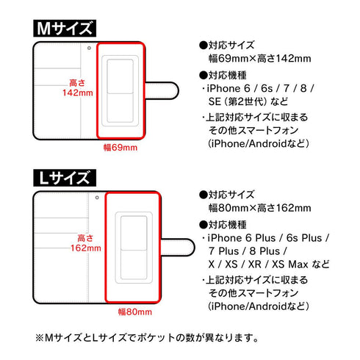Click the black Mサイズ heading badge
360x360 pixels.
point(65,29)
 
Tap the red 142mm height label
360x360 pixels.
point(76,94)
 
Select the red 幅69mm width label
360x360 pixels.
point(121,147)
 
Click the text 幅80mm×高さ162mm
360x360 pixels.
point(251,208)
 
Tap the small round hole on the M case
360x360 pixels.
point(89,48)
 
